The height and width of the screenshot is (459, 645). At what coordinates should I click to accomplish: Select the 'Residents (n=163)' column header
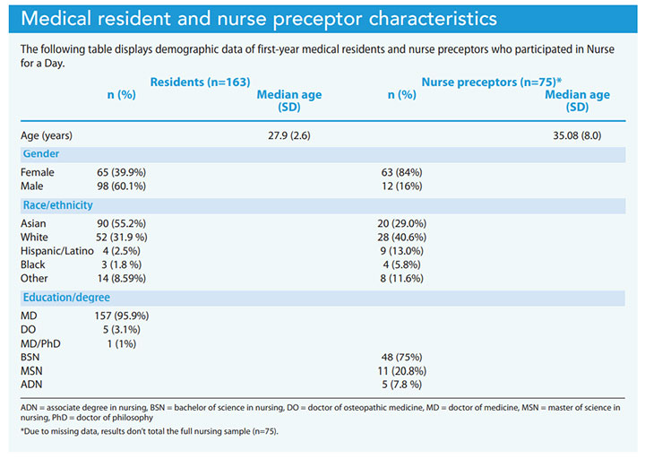pos(199,82)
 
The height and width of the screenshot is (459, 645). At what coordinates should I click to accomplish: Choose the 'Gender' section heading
pos(41,154)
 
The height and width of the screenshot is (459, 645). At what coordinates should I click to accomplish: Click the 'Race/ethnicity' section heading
pos(57,205)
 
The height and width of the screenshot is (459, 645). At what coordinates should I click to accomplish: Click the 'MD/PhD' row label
pos(40,342)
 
